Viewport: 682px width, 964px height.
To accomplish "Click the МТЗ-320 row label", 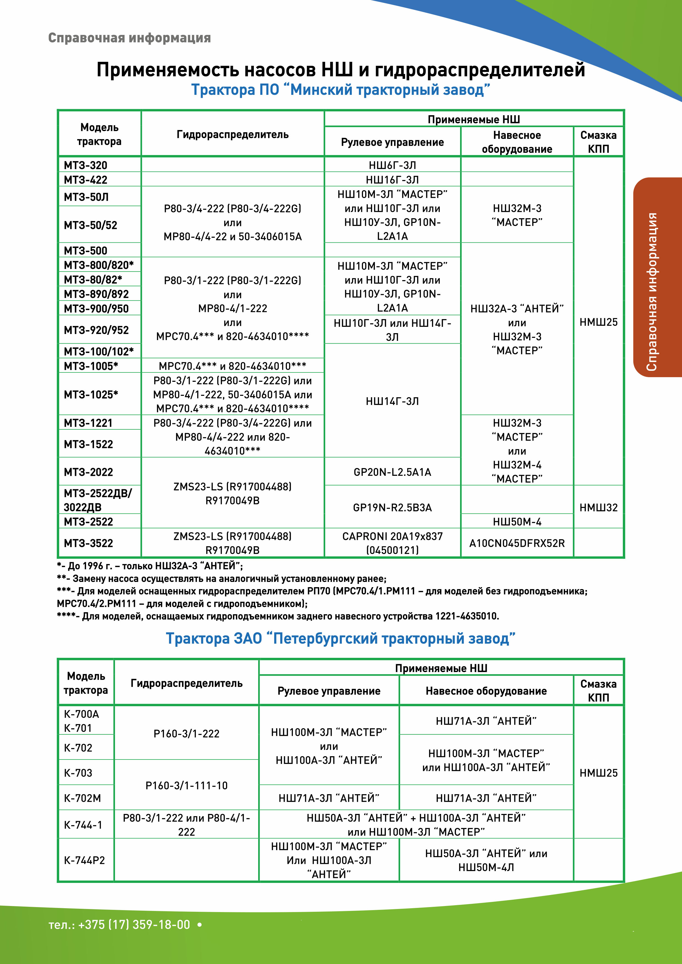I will click(86, 165).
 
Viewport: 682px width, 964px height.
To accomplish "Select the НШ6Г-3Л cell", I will click(392, 165).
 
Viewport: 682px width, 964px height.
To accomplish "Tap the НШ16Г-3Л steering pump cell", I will click(392, 180).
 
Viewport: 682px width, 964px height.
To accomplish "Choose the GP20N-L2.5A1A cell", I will click(392, 472).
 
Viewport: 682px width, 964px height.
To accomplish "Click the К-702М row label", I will click(83, 798).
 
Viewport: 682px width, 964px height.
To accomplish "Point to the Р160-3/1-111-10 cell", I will click(186, 785).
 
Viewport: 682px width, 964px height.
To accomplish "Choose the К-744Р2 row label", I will click(84, 860).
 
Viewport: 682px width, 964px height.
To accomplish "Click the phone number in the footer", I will click(119, 924).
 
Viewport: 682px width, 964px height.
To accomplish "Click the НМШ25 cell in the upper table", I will click(598, 322).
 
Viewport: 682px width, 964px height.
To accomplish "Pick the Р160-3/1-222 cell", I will click(186, 733).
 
